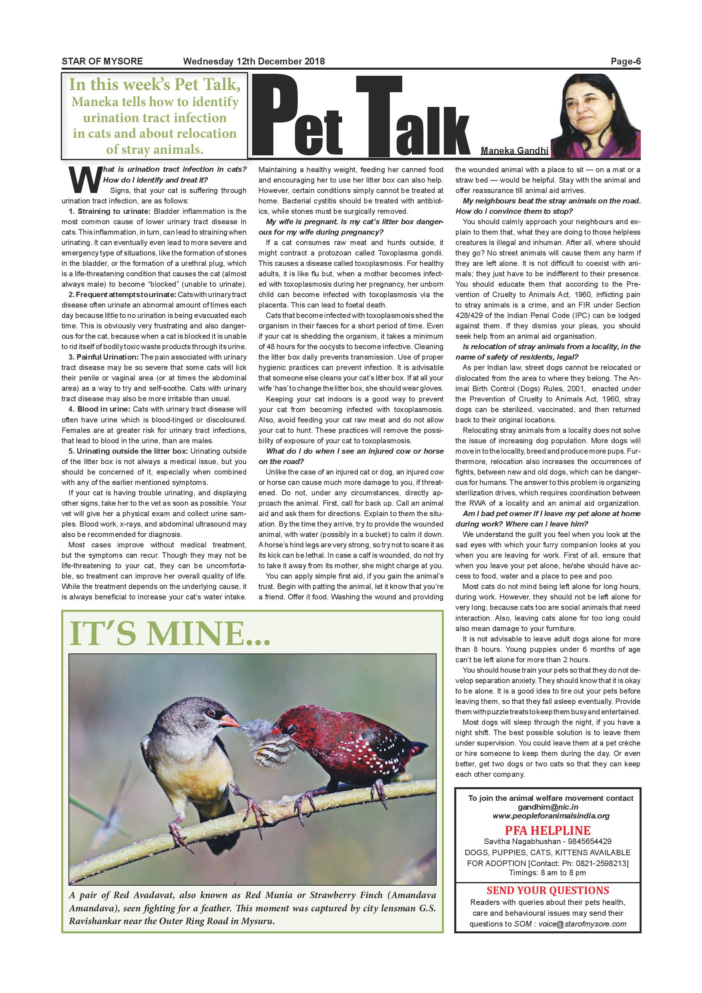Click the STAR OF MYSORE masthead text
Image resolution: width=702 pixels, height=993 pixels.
pos(102,61)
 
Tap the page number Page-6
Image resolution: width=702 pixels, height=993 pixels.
pos(625,61)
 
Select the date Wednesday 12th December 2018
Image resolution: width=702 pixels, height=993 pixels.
pos(254,61)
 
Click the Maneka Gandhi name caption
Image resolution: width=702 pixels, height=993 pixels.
pos(514,151)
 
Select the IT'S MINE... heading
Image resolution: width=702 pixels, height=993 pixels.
pos(169,634)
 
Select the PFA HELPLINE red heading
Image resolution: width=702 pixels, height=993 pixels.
pos(547,830)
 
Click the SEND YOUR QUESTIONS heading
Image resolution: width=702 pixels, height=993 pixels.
pos(548,890)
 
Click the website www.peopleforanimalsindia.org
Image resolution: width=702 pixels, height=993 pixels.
pos(551,816)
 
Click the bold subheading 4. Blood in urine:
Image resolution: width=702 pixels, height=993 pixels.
pos(99,409)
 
